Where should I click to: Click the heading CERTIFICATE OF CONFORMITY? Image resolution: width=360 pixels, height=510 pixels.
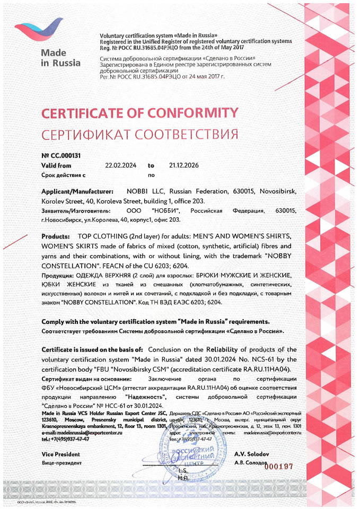click(x=140, y=113)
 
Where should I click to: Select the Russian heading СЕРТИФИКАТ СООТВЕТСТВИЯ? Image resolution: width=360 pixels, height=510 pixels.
click(x=139, y=133)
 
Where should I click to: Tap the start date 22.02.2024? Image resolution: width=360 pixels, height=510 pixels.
click(x=121, y=165)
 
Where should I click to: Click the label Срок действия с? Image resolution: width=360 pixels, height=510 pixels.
click(x=63, y=173)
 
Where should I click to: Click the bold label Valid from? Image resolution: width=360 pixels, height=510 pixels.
click(x=56, y=165)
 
